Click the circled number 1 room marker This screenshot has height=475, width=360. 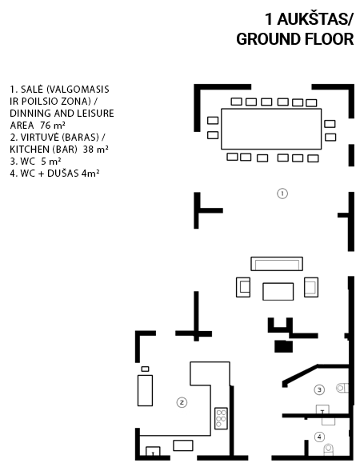click(282, 194)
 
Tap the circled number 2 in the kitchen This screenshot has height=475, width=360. click(182, 402)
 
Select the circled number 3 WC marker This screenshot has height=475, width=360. click(319, 389)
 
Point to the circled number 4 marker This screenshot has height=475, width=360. click(319, 437)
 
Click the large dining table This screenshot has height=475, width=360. click(271, 129)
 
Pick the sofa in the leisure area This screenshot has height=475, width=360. click(277, 264)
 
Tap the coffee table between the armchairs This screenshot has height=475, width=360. click(278, 291)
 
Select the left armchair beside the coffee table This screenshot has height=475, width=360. click(243, 287)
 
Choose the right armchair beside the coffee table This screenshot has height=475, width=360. click(311, 287)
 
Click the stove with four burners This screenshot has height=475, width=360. click(221, 418)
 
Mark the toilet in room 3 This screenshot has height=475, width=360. click(342, 388)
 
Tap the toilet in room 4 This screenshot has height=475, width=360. click(329, 449)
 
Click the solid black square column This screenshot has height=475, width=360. click(284, 346)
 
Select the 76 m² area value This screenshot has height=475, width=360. click(53, 125)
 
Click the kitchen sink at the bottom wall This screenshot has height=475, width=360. click(153, 451)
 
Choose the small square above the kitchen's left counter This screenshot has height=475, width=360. click(145, 369)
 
